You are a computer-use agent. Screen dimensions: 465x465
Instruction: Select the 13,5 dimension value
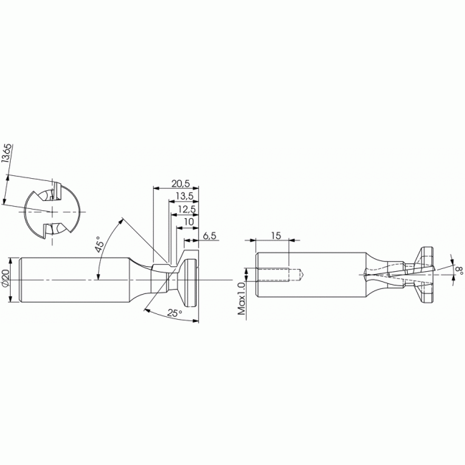click(x=185, y=195)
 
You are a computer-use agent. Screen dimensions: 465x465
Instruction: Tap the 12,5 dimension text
click(x=187, y=209)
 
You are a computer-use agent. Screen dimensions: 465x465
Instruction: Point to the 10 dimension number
click(x=189, y=222)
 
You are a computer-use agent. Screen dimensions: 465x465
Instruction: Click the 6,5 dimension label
click(x=210, y=235)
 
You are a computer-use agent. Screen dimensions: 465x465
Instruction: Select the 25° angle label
click(x=174, y=313)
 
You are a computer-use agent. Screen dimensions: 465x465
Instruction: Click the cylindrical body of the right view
click(x=315, y=274)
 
